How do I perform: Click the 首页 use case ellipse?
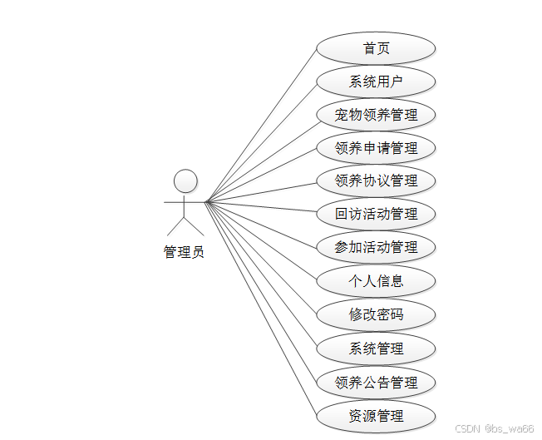[x=376, y=48]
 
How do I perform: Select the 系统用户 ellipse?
[x=376, y=82]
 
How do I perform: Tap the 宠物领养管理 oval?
[x=376, y=115]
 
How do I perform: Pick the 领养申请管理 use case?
[x=376, y=148]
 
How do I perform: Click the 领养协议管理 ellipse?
[x=376, y=180]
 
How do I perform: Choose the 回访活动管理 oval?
[x=376, y=214]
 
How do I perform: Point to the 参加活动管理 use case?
[x=376, y=247]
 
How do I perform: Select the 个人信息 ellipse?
[x=376, y=281]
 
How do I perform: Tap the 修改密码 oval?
[x=376, y=315]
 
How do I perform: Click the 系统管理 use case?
[x=376, y=349]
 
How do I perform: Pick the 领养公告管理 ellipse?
[x=376, y=383]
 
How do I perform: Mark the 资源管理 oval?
[x=376, y=416]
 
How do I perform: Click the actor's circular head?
[x=185, y=180]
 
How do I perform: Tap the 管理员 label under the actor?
[x=184, y=252]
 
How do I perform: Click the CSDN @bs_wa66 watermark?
[x=495, y=428]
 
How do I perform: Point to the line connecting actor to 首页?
[x=261, y=125]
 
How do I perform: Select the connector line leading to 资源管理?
[x=261, y=309]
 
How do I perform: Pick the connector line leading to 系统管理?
[x=261, y=275]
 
